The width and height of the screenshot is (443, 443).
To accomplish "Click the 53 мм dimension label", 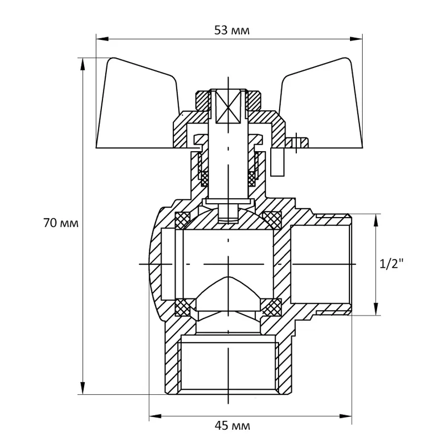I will coord(232,31).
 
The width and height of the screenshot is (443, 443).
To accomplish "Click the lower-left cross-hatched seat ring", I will coord(183,307).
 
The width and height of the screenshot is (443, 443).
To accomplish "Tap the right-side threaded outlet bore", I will coord(320,264).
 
